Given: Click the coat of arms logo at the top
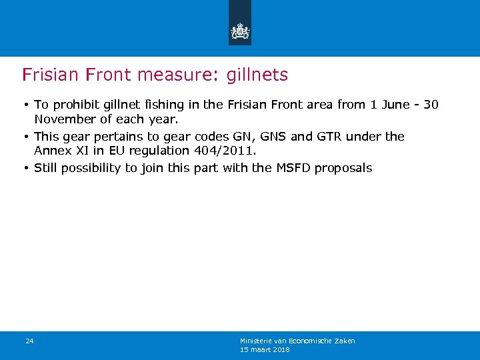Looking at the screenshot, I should [x=239, y=31].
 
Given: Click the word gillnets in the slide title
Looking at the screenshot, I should [x=257, y=75].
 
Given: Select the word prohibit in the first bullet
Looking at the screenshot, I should [x=73, y=105].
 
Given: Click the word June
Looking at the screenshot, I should [x=395, y=105].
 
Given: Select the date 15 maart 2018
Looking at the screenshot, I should [x=265, y=349].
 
